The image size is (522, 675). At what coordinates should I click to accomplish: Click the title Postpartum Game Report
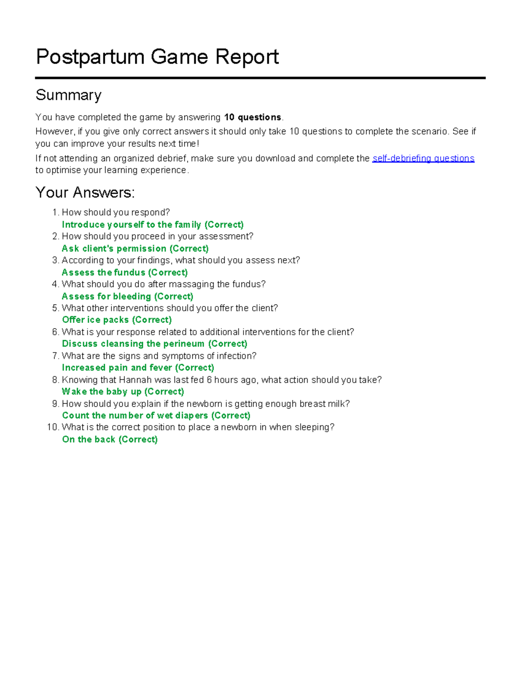pos(157,57)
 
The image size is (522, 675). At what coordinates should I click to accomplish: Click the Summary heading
pos(68,95)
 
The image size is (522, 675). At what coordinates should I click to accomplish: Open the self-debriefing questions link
pos(423,158)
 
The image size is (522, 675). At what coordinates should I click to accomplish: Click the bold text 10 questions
pos(252,117)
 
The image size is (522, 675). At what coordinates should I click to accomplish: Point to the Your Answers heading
pos(85,192)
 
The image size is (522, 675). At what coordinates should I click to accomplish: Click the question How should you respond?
pos(115,213)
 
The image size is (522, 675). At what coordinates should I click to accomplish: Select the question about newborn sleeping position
pos(198,427)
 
